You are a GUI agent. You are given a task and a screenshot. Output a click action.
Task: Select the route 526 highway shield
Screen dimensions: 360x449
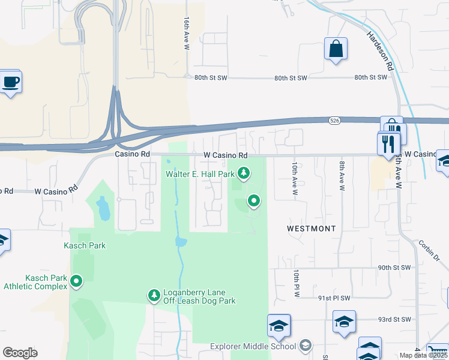tap(335, 121)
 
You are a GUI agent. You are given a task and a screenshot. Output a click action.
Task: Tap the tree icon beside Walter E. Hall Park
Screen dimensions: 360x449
tap(243, 174)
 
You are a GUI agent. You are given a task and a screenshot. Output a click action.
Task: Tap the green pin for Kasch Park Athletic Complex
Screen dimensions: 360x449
tap(76, 281)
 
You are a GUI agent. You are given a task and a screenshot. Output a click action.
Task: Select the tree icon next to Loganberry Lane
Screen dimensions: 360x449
tap(154, 295)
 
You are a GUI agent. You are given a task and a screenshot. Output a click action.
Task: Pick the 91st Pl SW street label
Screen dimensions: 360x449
tap(334, 298)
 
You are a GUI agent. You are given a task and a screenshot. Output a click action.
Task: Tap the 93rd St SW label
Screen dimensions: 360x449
tap(397, 319)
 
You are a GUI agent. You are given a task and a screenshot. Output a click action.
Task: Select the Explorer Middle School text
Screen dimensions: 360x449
tap(253, 346)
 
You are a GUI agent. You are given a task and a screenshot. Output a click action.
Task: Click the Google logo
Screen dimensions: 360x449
tap(20, 353)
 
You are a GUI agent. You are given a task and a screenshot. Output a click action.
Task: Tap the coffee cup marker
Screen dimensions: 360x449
tap(10, 81)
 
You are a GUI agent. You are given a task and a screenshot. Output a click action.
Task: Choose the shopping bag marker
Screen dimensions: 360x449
tap(336, 49)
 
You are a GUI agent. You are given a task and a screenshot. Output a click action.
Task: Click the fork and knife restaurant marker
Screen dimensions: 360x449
tap(388, 143)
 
